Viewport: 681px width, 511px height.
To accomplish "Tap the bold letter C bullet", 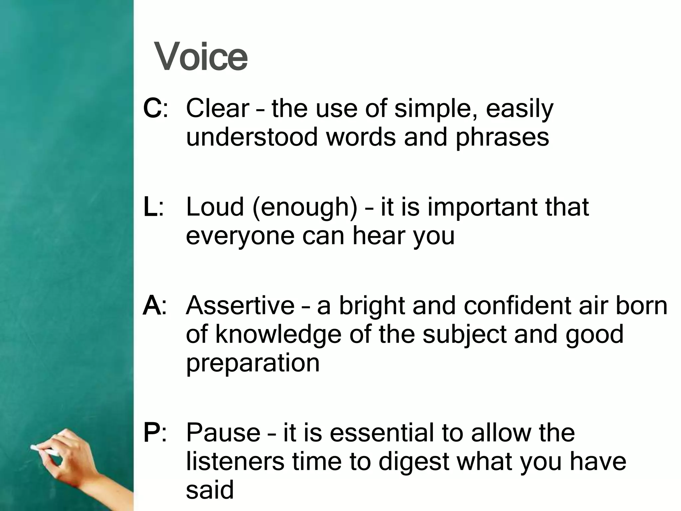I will tap(152, 108).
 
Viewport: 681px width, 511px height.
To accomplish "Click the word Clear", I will tap(217, 108).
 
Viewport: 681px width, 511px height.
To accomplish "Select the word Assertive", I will tap(240, 306).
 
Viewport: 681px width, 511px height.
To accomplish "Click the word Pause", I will tap(223, 432).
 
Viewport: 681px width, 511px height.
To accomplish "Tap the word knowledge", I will tap(278, 335).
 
